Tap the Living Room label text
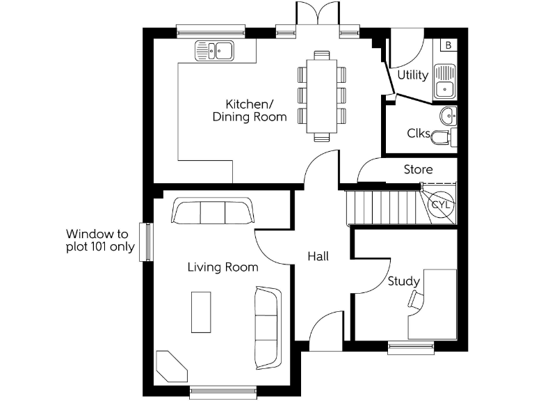pos(222,267)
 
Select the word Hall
pos(318,256)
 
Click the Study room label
pos(403,281)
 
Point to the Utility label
pos(412,75)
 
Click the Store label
pos(418,169)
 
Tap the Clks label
pos(418,133)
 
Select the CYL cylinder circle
pos(441,205)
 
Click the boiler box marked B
pos(448,45)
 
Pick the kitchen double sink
pos(215,50)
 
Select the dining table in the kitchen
pos(322,94)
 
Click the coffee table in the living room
pos(202,312)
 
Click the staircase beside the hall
pos(382,207)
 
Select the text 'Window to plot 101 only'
pos(100,240)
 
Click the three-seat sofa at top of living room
pos(212,211)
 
